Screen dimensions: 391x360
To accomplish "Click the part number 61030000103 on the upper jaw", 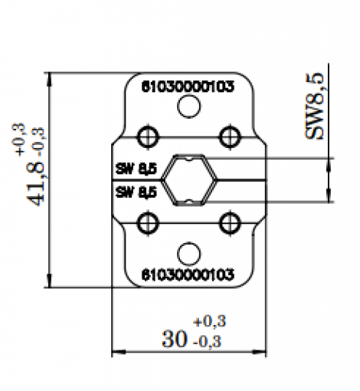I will coord(188,86).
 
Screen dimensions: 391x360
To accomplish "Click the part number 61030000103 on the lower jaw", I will coord(188,274).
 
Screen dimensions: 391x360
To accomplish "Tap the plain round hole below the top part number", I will coord(188,108).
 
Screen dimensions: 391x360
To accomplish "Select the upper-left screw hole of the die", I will coord(146,136).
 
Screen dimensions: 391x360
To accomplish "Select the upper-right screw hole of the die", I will coord(229,136).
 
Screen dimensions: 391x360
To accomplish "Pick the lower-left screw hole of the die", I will coord(146,223).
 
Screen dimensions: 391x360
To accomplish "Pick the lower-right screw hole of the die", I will coord(229,223).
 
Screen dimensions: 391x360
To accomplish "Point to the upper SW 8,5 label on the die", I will coord(136,169).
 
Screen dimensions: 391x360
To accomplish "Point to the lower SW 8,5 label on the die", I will coord(136,192).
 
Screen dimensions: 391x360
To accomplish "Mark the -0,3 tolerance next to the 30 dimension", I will coord(208,342).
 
